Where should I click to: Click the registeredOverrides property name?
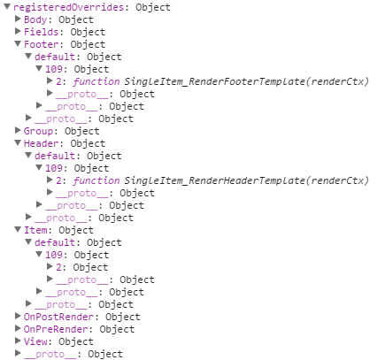coord(68,7)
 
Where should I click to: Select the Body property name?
coord(35,19)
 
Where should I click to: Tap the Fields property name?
coord(41,32)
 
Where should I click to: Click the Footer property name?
coord(41,44)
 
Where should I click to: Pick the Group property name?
coord(38,131)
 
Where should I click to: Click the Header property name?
coord(41,143)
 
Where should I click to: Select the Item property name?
coord(35,230)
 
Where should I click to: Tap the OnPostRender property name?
coord(58,317)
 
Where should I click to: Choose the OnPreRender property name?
coord(56,329)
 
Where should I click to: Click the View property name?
coord(35,341)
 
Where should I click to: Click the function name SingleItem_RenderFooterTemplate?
coord(214,81)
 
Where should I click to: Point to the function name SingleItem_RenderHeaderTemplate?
coord(214,180)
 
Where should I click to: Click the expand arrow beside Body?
coord(18,19)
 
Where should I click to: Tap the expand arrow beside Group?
coord(18,130)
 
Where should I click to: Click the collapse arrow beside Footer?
coord(18,44)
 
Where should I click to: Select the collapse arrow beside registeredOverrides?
coord(7,7)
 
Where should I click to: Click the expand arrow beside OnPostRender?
coord(18,316)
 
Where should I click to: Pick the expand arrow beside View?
coord(18,341)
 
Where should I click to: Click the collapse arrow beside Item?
coord(18,230)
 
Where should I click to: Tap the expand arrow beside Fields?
coord(18,31)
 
